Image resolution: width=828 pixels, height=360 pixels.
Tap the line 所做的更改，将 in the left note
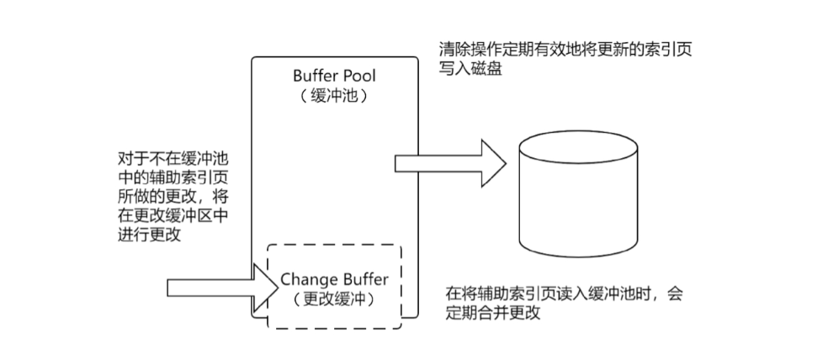click(176, 196)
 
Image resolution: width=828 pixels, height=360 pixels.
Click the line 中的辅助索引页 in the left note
click(176, 177)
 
